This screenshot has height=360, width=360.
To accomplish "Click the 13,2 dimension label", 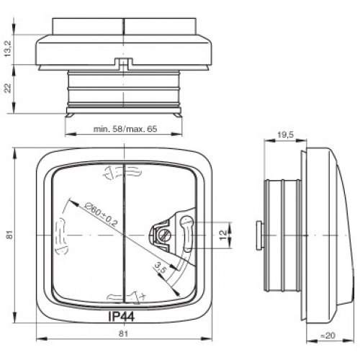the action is coord(8,50).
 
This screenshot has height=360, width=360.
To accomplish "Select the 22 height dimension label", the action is coord(8,88).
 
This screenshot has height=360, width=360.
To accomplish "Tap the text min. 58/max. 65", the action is coord(125,129).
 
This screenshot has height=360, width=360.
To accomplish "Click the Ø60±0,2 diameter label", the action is coord(102,215).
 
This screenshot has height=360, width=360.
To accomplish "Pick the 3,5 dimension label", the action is coord(160,268).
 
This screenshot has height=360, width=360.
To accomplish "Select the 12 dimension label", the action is coord(223,235).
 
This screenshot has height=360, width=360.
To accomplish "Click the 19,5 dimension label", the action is coord(286,135).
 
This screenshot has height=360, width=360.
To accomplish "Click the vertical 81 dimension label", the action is coord(9,235).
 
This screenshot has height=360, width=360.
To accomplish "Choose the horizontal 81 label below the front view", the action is coord(124,333).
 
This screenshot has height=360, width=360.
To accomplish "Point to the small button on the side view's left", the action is coord(259,235).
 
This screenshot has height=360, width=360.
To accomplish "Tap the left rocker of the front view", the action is coord(88,235).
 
